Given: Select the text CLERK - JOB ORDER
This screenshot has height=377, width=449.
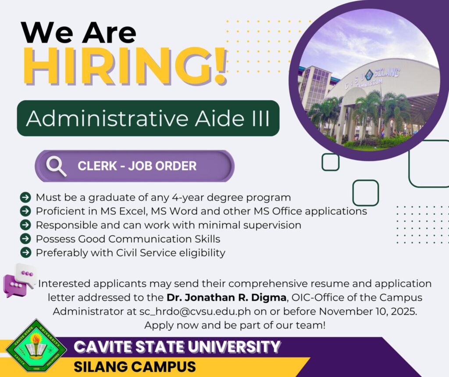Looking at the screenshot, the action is [x=137, y=166].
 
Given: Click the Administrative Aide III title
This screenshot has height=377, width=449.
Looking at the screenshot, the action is [x=148, y=118].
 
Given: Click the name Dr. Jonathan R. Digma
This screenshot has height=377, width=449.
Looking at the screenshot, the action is [x=227, y=297].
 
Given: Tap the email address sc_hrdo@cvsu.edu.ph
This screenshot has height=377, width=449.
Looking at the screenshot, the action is [x=195, y=312].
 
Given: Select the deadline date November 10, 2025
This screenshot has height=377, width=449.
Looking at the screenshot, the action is [x=368, y=311].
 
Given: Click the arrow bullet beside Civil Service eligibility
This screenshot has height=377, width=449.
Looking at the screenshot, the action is [x=25, y=253].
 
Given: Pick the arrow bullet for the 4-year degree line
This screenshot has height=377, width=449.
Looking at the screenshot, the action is [x=25, y=197].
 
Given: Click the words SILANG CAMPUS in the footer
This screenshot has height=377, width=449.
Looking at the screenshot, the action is [x=135, y=366].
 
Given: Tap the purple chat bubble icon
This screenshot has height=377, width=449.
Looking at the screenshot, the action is [x=14, y=285].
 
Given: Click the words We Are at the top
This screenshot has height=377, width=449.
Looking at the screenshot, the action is [x=78, y=33].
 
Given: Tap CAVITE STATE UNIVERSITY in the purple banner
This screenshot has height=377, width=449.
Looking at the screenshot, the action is [x=177, y=347].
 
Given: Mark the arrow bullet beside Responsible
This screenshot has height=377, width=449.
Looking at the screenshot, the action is [x=25, y=225].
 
